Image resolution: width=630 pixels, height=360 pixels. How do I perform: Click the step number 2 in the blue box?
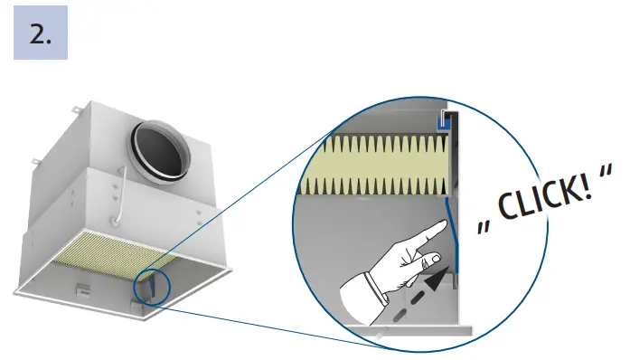click(41, 35)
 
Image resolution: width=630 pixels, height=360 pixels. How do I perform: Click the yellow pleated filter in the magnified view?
click(375, 166)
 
